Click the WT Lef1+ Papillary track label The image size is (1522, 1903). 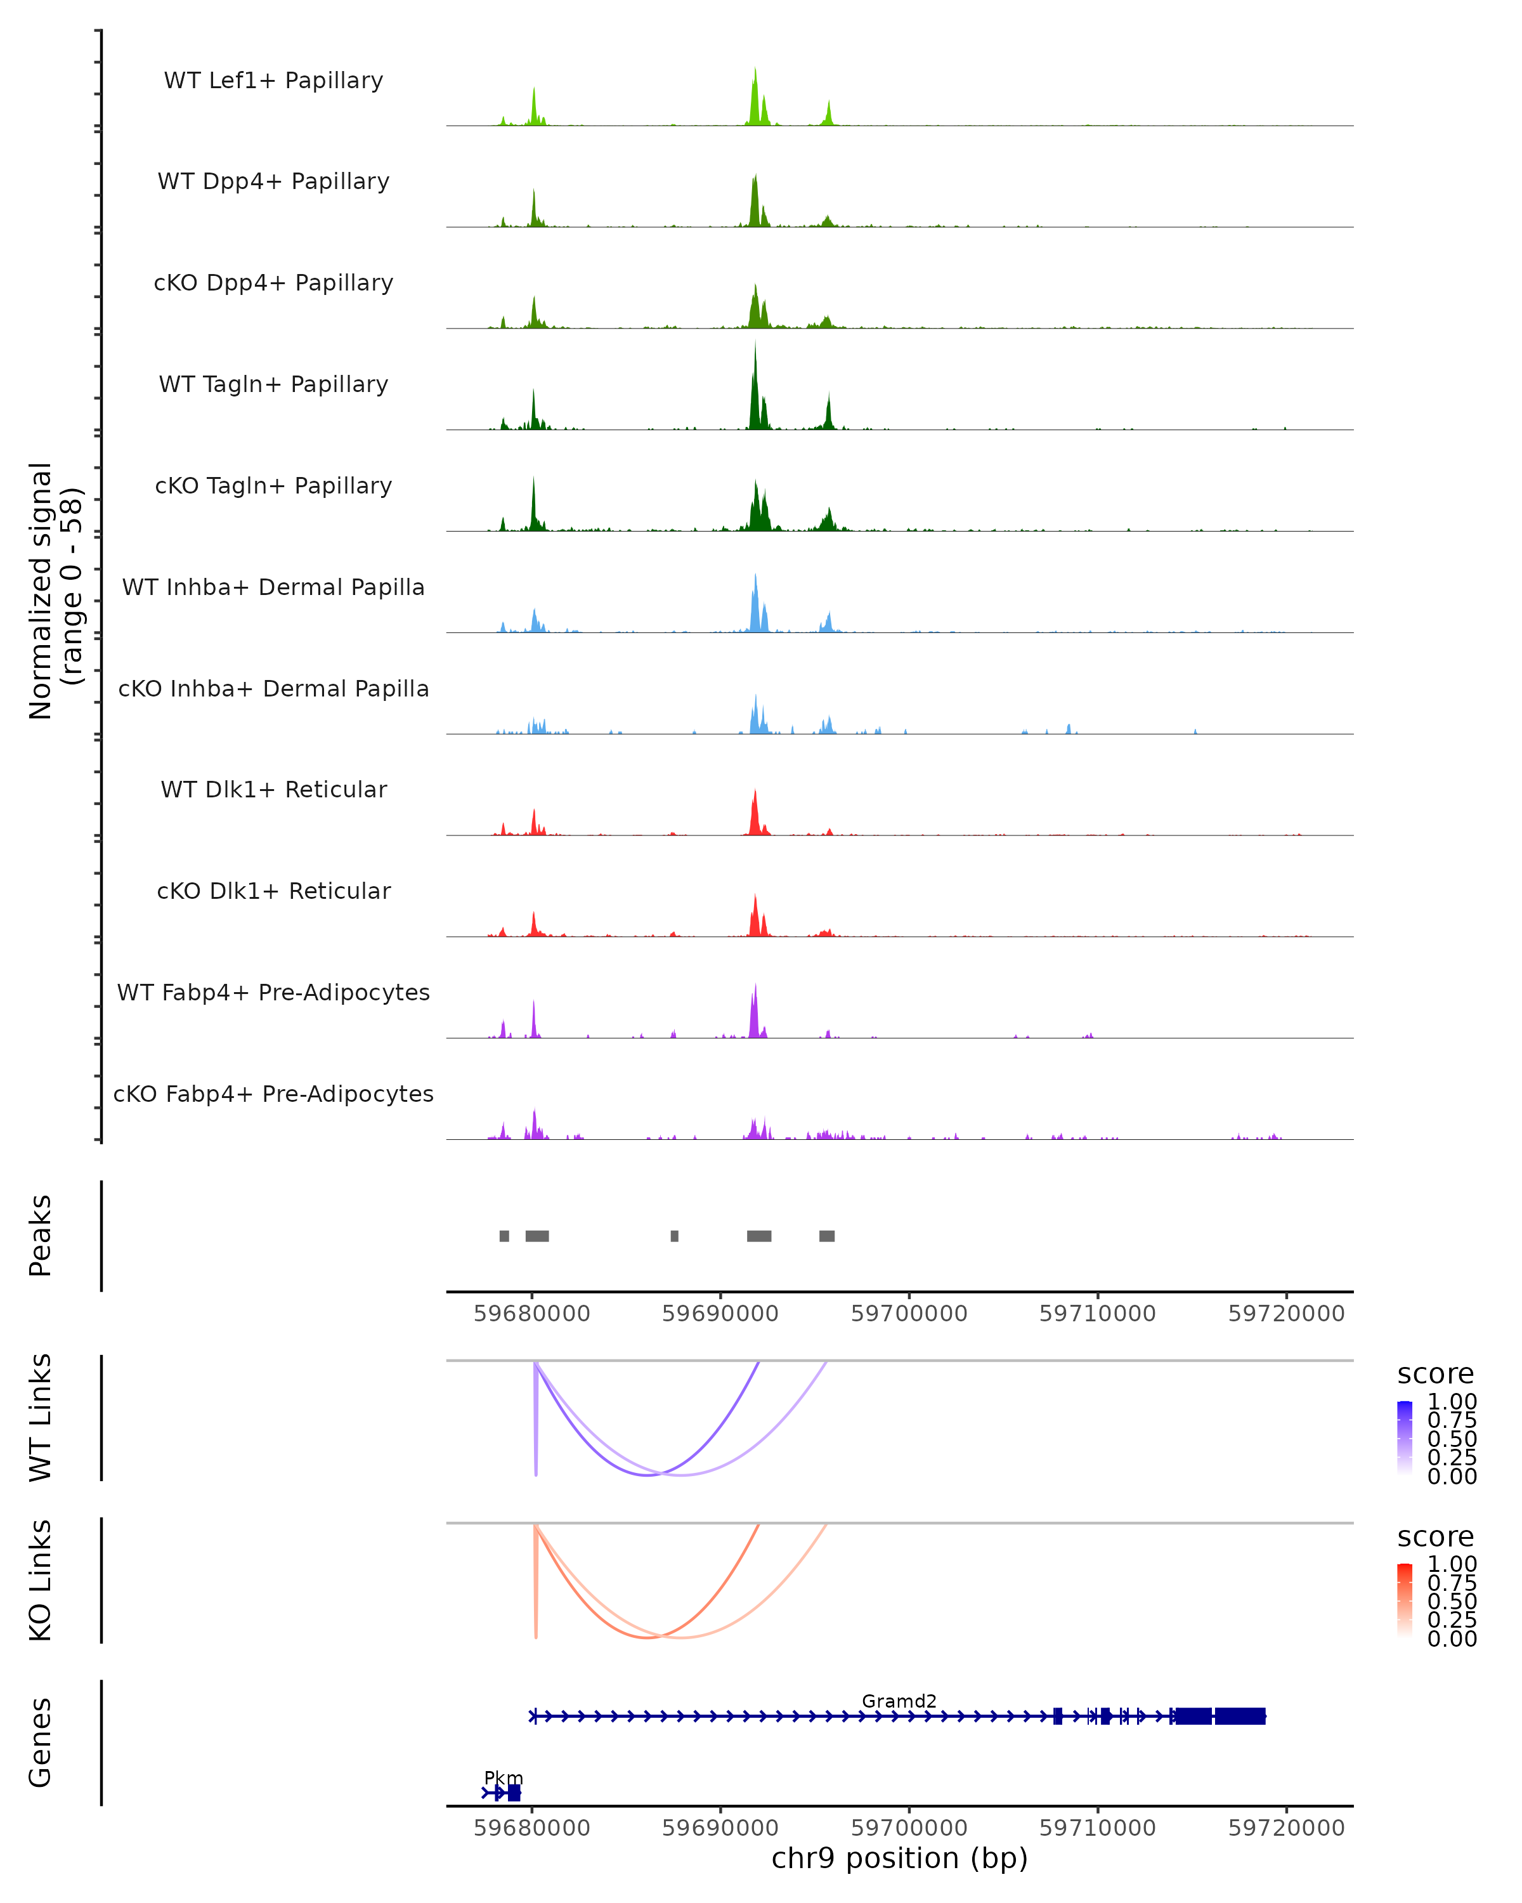[x=273, y=81]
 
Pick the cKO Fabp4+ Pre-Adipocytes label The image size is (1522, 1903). [x=273, y=1094]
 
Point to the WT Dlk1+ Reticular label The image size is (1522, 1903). [x=273, y=789]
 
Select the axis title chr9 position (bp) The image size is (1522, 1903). [x=899, y=1858]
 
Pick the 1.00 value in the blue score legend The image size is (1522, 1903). [x=1452, y=1402]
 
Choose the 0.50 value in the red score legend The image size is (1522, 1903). [x=1452, y=1601]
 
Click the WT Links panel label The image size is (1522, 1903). [x=41, y=1418]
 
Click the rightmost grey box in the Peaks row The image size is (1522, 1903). [x=827, y=1236]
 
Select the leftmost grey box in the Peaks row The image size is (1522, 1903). [x=504, y=1236]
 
